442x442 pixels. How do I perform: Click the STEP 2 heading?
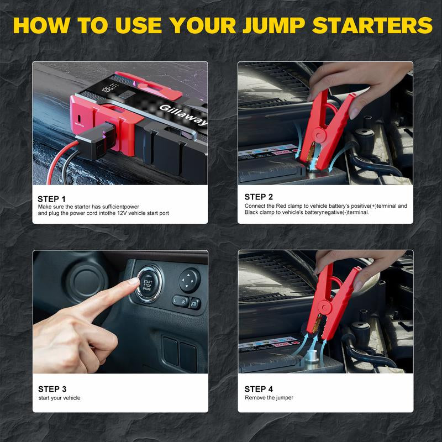click(x=259, y=197)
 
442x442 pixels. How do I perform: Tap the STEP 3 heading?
click(x=52, y=389)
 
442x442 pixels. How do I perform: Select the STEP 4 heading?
click(x=259, y=389)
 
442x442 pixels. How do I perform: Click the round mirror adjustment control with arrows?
click(x=189, y=276)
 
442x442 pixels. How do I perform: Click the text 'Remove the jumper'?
click(x=269, y=398)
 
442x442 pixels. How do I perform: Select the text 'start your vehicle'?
click(x=59, y=398)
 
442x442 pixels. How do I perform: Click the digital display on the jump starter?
click(x=113, y=87)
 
